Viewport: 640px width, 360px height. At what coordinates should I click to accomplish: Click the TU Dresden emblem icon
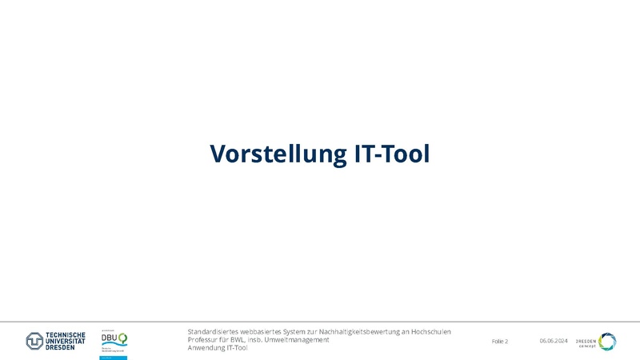35,342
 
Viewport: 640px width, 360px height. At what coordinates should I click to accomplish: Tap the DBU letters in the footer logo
110,338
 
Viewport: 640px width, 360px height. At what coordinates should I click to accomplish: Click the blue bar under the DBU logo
114,358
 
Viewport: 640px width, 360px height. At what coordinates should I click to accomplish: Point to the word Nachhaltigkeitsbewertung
361,331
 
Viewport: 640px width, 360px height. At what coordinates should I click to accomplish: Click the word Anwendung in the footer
206,348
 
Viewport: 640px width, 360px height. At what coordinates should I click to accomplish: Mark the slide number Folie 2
500,342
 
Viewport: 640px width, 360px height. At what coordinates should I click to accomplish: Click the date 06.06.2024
554,342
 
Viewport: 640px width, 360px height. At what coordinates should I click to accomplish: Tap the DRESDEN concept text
586,342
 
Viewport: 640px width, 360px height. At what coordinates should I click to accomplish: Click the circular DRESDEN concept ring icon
607,342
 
